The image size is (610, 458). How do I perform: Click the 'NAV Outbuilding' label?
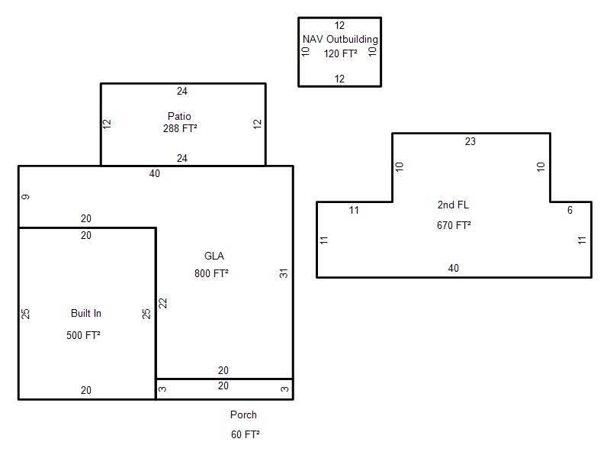pos(340,40)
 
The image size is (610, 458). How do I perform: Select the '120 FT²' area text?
pos(340,53)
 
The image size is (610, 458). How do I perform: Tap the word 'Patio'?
pos(179,116)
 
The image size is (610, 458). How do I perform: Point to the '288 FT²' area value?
pos(180,128)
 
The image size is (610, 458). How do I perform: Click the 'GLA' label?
pos(214,256)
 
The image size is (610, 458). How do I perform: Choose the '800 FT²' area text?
pos(211,273)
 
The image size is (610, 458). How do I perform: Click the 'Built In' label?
pos(86,313)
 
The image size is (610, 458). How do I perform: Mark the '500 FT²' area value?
pos(83,335)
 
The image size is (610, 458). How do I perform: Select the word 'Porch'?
pos(243,414)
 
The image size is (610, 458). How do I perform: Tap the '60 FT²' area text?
pos(245,434)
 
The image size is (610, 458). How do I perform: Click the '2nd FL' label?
pos(453,205)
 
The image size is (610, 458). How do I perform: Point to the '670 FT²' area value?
pos(454,225)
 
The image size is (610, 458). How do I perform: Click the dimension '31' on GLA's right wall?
pos(284,273)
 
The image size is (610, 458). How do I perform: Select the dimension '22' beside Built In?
pos(162,303)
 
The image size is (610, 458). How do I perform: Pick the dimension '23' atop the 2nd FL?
pos(470,141)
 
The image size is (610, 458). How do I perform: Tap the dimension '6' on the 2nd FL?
pos(570,211)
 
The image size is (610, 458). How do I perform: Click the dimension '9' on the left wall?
pos(25,197)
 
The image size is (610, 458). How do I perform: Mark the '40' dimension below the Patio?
pos(155,174)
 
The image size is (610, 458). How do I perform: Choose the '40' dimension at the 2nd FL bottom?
pos(453,268)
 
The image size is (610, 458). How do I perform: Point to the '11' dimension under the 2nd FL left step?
pos(354,211)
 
